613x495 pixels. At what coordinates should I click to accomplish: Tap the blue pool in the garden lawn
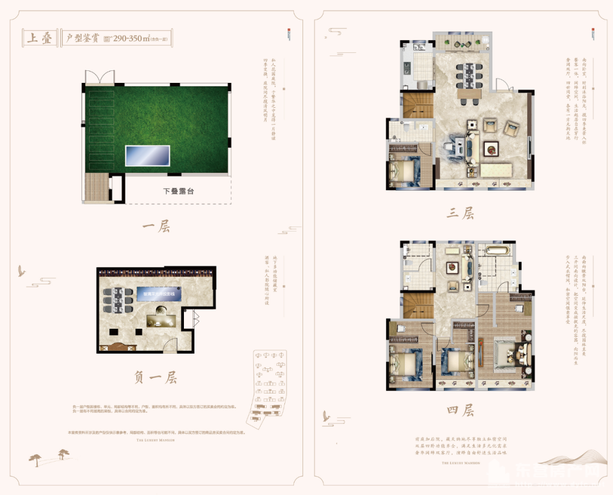pos(148,155)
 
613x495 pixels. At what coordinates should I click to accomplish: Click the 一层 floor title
pos(156,227)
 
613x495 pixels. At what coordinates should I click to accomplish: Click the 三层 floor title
pos(460,213)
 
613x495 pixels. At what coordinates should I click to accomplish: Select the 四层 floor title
pos(460,410)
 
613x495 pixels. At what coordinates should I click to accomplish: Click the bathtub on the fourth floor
pos(497,250)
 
